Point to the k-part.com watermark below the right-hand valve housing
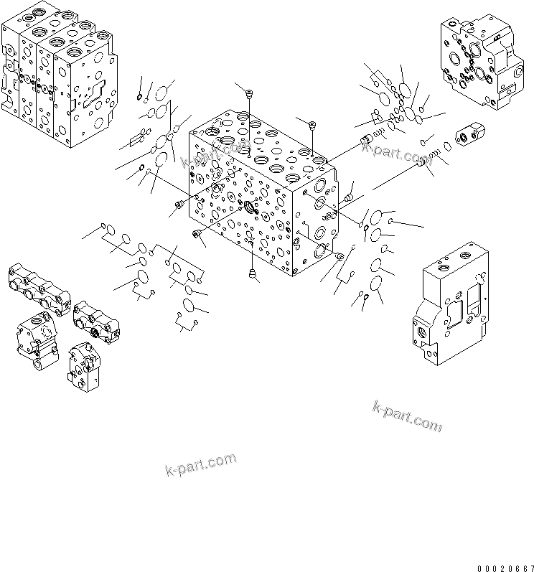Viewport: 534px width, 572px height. (407, 416)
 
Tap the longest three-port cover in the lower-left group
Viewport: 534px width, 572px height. (39, 288)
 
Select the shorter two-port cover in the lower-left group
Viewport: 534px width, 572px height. (96, 323)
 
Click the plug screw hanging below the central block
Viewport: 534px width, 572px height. (252, 272)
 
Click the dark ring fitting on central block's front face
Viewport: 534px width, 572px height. (251, 208)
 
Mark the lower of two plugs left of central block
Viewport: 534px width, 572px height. (196, 234)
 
